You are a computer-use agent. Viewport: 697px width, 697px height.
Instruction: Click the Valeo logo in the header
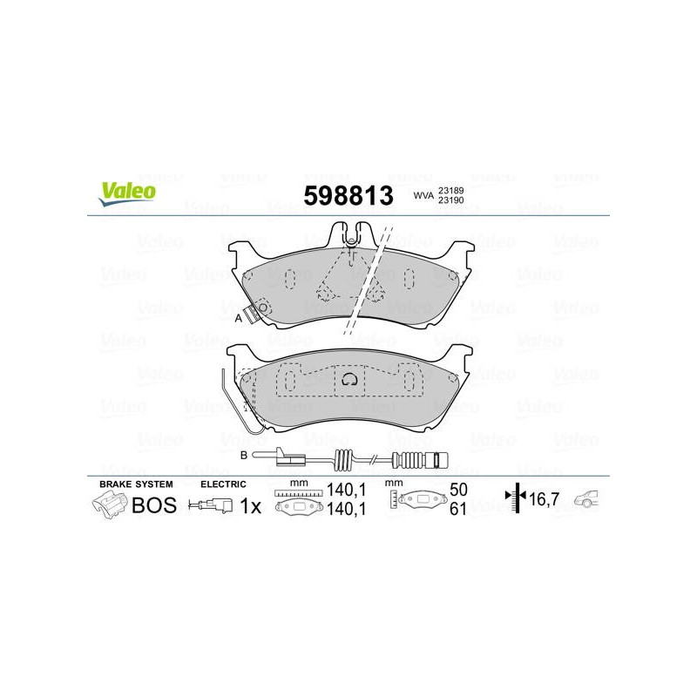point(127,194)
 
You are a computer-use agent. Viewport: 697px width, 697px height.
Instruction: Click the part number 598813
point(348,195)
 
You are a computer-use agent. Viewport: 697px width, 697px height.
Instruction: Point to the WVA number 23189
point(451,190)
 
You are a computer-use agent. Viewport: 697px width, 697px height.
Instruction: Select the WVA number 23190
point(451,200)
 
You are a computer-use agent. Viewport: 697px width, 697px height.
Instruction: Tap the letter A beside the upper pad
point(238,318)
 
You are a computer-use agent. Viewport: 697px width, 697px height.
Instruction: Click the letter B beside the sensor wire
point(244,456)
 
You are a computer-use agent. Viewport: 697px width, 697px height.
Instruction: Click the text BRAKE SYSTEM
point(136,484)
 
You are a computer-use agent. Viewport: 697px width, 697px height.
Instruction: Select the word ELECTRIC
point(223,484)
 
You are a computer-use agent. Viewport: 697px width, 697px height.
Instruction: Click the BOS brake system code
point(154,505)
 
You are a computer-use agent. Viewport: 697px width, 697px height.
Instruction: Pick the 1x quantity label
point(251,506)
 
